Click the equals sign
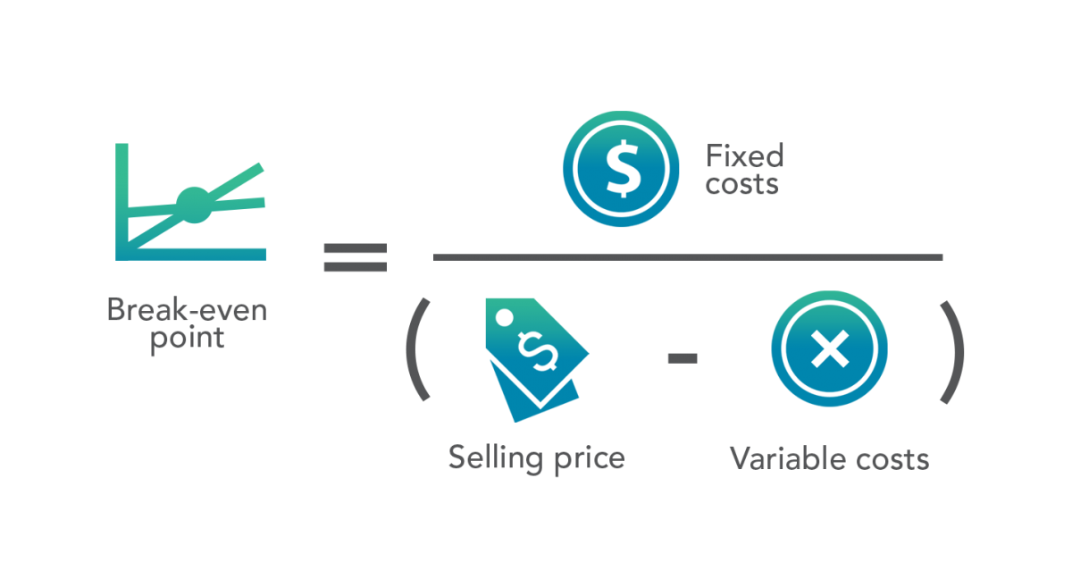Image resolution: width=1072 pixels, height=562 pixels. click(356, 257)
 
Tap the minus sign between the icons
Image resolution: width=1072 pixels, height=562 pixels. click(683, 358)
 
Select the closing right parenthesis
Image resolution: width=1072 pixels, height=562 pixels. click(952, 352)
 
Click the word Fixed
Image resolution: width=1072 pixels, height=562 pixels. click(745, 155)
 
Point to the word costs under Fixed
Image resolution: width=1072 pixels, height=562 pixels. click(741, 184)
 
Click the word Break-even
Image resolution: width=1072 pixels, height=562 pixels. click(187, 310)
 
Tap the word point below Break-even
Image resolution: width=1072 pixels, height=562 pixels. click(187, 339)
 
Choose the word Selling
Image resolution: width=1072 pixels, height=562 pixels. click(496, 458)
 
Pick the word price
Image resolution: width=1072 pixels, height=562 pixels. click(590, 459)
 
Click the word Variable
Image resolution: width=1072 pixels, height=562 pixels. click(788, 458)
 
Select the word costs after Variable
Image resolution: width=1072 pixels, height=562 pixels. click(892, 460)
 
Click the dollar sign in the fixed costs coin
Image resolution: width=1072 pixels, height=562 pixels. click(622, 169)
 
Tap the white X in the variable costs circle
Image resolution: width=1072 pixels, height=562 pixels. click(830, 349)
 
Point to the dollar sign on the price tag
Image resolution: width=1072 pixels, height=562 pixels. click(538, 351)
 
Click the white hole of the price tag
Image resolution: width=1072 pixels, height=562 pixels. click(504, 317)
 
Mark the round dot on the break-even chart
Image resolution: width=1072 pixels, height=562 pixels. click(194, 205)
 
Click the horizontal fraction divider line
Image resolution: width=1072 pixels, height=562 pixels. click(688, 257)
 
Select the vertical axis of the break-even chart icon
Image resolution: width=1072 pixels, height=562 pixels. click(121, 202)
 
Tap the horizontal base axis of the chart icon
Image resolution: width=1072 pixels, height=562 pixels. click(190, 254)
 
